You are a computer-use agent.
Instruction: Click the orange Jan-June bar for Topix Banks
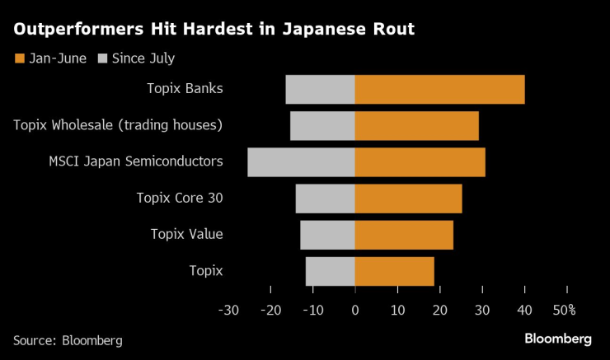439,89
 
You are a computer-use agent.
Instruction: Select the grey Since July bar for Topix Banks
320,89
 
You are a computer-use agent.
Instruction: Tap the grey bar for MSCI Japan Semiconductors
301,161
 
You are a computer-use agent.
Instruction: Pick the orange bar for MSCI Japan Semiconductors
420,161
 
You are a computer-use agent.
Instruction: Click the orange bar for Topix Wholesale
416,125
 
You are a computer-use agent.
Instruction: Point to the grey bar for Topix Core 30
325,198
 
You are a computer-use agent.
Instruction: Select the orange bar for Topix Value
404,234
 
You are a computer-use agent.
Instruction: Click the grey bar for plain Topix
330,270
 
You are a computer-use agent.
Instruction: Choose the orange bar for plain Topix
394,270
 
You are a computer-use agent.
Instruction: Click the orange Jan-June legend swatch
19,58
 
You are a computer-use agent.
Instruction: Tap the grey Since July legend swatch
102,58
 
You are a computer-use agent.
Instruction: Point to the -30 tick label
228,311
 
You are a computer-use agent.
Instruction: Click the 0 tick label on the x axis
354,311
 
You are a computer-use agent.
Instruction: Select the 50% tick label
564,311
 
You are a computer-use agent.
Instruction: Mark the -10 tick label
312,311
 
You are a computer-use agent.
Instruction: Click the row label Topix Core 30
180,198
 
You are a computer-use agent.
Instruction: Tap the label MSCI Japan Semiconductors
136,161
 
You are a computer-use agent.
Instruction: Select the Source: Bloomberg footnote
68,339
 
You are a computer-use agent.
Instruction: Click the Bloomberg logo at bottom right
558,339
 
